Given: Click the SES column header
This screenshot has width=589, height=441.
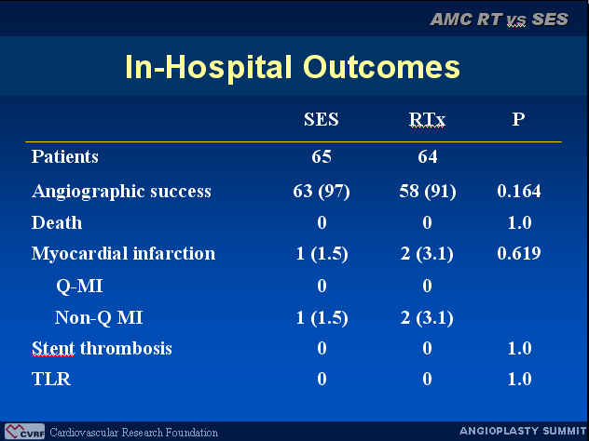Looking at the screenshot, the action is pyautogui.click(x=322, y=119).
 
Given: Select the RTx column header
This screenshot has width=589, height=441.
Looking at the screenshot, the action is pyautogui.click(x=427, y=119).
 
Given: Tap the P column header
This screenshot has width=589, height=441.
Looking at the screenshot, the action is pyautogui.click(x=518, y=119).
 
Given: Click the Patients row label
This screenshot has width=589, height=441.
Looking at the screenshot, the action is pyautogui.click(x=64, y=156).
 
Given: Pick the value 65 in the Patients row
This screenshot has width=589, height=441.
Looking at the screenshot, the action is pyautogui.click(x=322, y=156).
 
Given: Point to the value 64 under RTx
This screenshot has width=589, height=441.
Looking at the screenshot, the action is pyautogui.click(x=428, y=156).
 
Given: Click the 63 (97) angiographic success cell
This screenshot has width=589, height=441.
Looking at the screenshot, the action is pyautogui.click(x=322, y=192).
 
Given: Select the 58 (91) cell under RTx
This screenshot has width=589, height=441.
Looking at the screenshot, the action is pyautogui.click(x=428, y=192).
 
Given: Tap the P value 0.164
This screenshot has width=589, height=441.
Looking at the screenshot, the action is pyautogui.click(x=519, y=192).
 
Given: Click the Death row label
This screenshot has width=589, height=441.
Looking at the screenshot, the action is pyautogui.click(x=57, y=222).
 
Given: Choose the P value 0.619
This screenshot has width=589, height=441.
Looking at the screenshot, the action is pyautogui.click(x=519, y=253).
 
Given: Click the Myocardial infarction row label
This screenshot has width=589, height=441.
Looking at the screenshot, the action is pyautogui.click(x=124, y=253).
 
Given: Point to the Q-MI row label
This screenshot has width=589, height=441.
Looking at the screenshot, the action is pyautogui.click(x=79, y=286).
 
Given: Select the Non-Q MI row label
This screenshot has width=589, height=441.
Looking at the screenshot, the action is pyautogui.click(x=99, y=317).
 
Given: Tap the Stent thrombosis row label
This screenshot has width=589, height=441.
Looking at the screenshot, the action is pyautogui.click(x=102, y=348).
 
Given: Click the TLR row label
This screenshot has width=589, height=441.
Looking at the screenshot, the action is pyautogui.click(x=51, y=379).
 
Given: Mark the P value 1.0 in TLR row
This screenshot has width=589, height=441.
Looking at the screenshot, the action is pyautogui.click(x=519, y=379).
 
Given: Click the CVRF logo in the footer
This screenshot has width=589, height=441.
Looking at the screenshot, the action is pyautogui.click(x=25, y=432).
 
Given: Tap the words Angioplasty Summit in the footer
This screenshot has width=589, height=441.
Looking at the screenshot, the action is pyautogui.click(x=523, y=431).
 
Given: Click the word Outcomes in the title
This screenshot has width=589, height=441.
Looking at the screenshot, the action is pyautogui.click(x=381, y=67).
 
